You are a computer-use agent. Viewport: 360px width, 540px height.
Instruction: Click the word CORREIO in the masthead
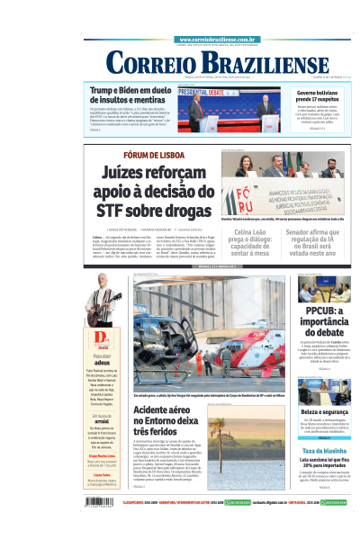149,63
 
